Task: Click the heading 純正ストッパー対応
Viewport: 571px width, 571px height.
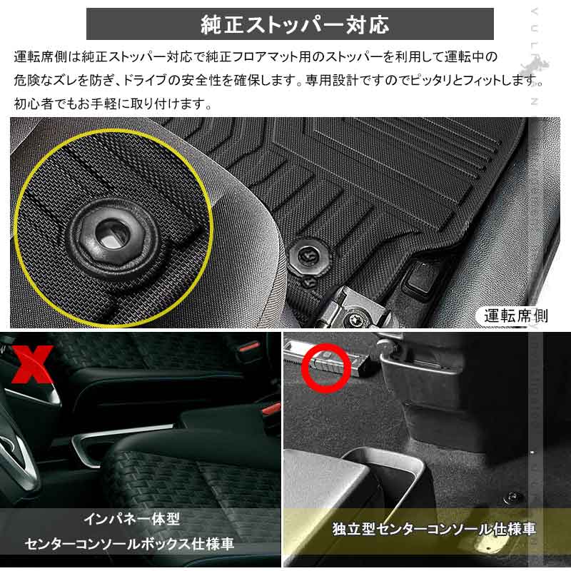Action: pos(289,24)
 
